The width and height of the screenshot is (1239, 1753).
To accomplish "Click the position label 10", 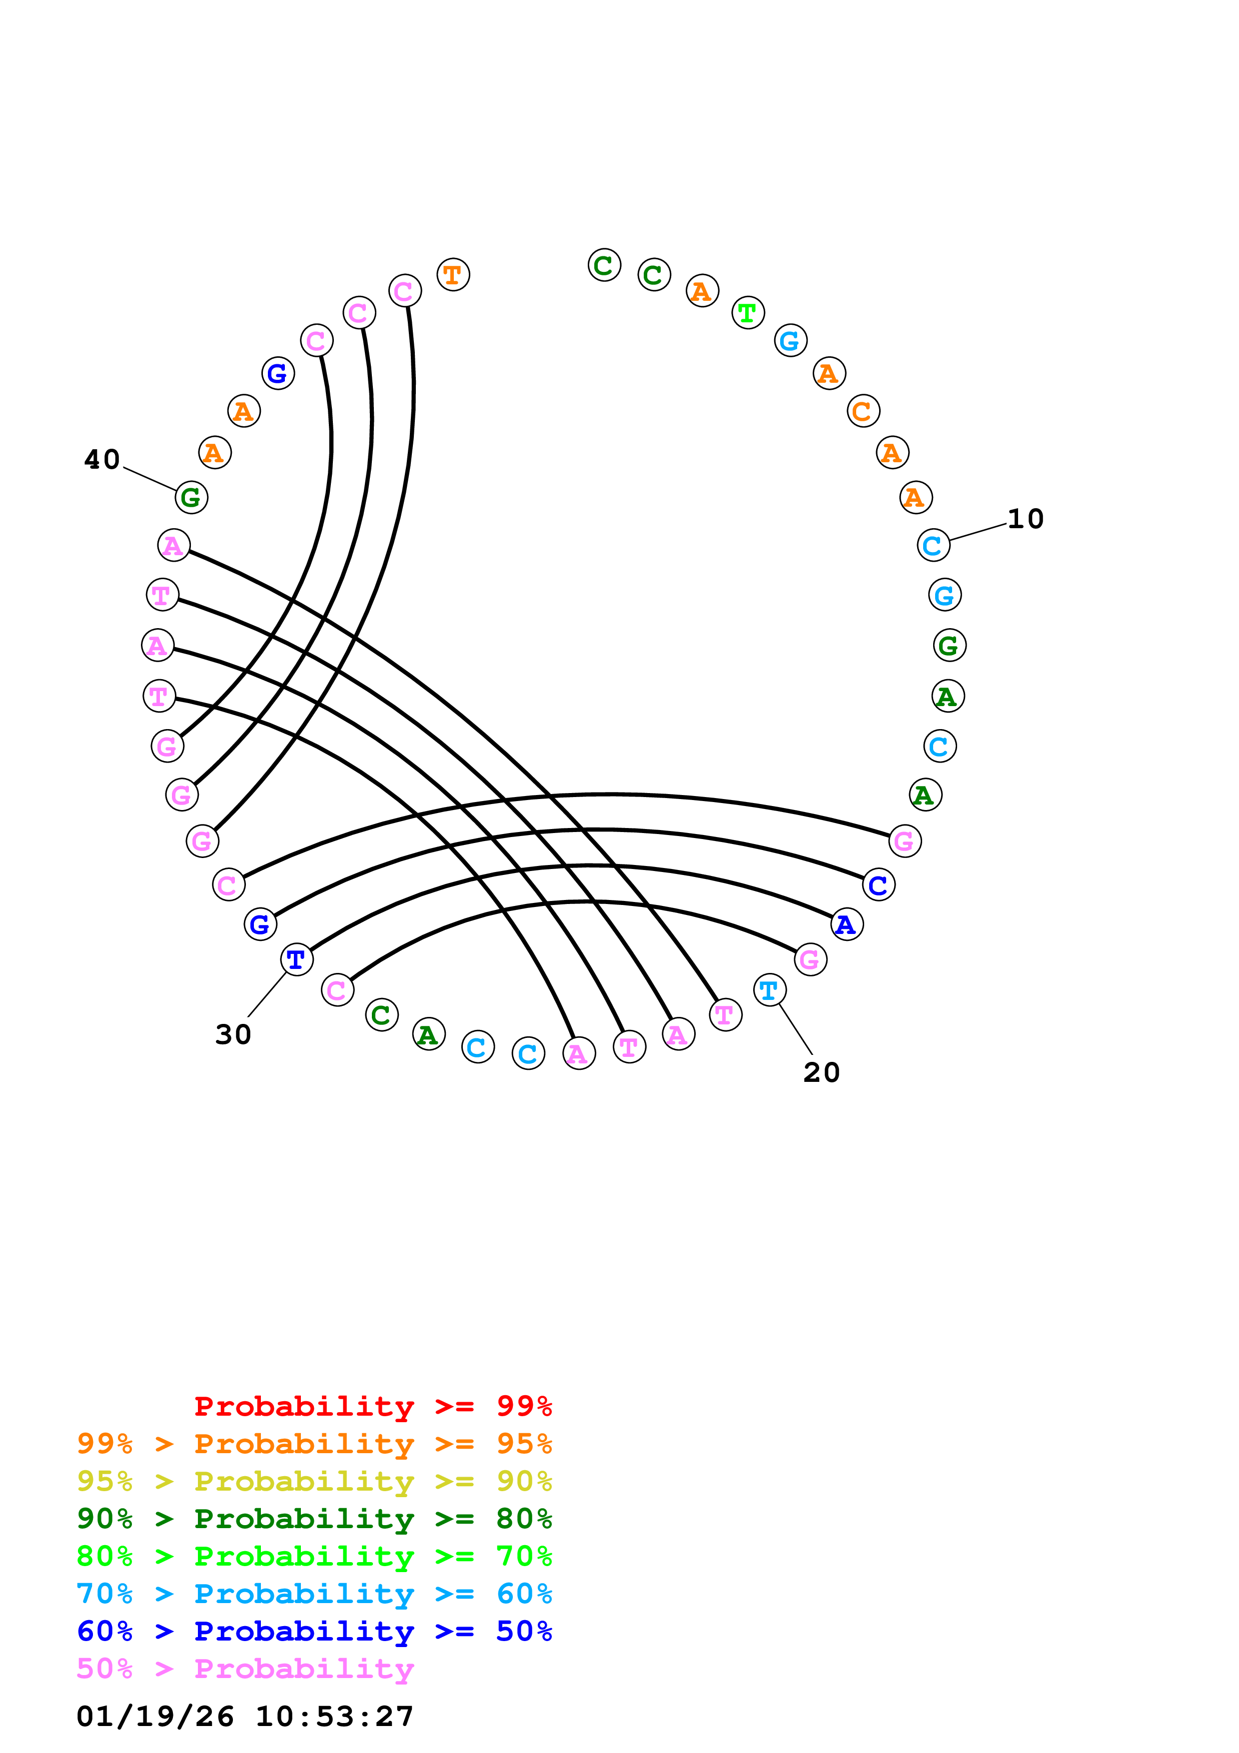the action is coord(1025,519).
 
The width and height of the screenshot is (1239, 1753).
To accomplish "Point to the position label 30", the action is coord(233,1034).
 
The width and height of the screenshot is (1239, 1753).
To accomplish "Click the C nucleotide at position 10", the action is coord(933,545).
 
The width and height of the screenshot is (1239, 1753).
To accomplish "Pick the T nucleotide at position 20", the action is coord(770,990).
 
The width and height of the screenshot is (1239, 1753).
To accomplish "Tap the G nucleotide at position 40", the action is coord(191,498).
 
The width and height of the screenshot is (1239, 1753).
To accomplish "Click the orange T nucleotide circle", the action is coord(453,275).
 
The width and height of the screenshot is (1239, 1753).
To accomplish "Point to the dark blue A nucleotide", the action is coord(846,924).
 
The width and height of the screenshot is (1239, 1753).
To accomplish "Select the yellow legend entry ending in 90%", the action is coord(314,1481).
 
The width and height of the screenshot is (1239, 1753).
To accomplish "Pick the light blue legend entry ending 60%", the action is coord(314,1594).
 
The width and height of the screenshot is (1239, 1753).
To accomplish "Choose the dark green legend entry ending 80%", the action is coord(314,1519).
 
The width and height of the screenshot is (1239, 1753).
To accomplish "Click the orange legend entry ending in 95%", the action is coord(314,1444).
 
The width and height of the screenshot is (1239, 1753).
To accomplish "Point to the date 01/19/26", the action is coord(155,1717).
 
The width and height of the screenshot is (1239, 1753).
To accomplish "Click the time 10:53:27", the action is coord(334,1717).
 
